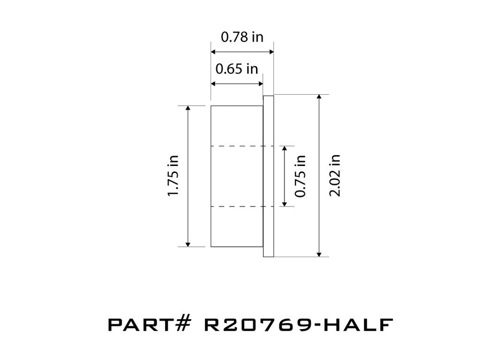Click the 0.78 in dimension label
coord(242,37)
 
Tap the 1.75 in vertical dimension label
coord(173,176)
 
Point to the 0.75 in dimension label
coord(300,176)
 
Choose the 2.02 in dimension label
coord(335,176)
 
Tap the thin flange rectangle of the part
coord(268,176)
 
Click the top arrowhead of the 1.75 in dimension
coord(188,109)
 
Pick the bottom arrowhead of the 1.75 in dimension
coord(188,243)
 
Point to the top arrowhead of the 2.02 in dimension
coord(319,98)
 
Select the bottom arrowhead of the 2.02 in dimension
coord(319,254)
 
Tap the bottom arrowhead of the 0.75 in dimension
coord(284,203)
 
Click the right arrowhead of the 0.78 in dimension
coord(270,51)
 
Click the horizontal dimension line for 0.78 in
coord(242,51)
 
